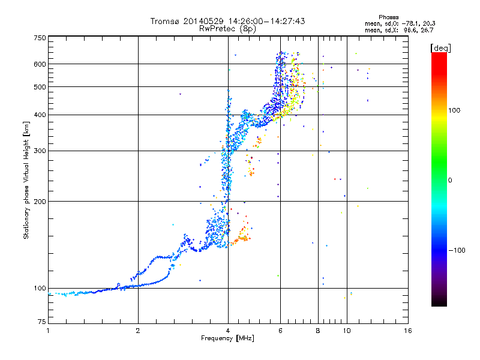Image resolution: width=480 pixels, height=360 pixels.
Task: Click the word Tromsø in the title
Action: point(166,21)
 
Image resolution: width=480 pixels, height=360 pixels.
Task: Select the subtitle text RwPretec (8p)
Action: point(227,29)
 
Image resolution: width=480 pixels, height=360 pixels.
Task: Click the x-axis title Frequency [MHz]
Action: point(227,338)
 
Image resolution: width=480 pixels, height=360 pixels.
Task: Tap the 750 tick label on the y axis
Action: point(40,38)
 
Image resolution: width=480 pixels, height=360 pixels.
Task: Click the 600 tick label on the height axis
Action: point(40,64)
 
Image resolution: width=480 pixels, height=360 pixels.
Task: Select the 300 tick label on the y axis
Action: point(40,151)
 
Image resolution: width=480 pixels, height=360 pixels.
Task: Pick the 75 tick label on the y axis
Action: point(42,322)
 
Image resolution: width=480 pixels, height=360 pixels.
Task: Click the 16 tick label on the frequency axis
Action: point(407,331)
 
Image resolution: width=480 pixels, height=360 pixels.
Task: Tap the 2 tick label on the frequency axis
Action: point(138,331)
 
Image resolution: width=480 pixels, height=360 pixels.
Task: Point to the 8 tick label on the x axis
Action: point(318,331)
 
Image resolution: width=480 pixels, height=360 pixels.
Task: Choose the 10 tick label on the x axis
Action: point(347,331)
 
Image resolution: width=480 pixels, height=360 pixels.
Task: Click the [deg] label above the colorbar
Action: point(440,48)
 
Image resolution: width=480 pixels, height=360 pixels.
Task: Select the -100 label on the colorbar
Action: point(457,250)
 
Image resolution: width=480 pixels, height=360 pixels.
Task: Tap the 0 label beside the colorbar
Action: point(450,180)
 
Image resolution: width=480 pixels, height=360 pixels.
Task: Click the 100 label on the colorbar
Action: point(454,110)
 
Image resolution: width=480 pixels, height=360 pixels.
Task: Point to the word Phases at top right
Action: point(388,17)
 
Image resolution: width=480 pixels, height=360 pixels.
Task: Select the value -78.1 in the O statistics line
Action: point(409,23)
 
